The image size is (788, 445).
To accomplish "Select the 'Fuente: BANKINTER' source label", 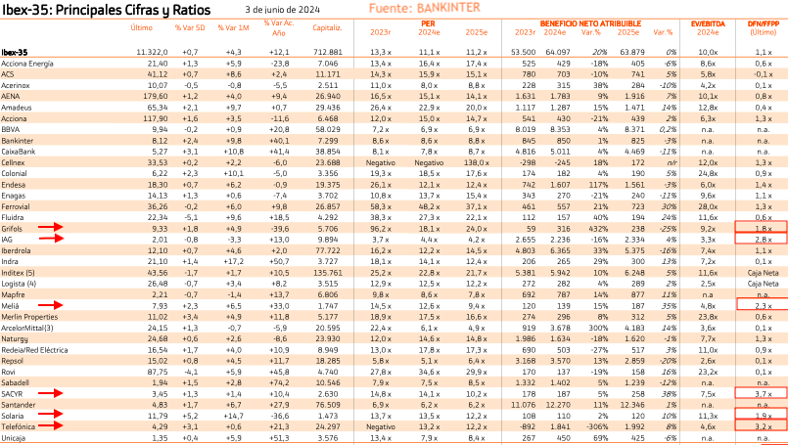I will [x=424, y=9].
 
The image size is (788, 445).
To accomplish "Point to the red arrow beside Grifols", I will [x=48, y=227].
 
